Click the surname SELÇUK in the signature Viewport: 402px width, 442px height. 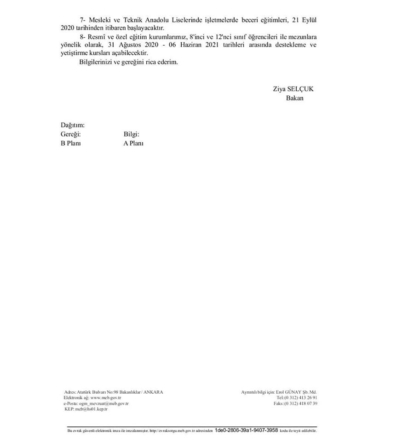click(301, 89)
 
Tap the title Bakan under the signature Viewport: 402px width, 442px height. click(294, 98)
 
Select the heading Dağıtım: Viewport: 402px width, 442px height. click(73, 125)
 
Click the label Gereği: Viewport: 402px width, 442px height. click(71, 134)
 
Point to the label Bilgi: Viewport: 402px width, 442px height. click(132, 134)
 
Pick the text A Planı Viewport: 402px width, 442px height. click(133, 143)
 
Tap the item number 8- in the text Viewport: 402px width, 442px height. click(83, 37)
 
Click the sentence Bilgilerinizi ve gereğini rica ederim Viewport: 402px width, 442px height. click(128, 62)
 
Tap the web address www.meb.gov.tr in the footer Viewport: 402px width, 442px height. click(105, 397)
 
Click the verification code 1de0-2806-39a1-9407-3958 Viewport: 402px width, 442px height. click(246, 430)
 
